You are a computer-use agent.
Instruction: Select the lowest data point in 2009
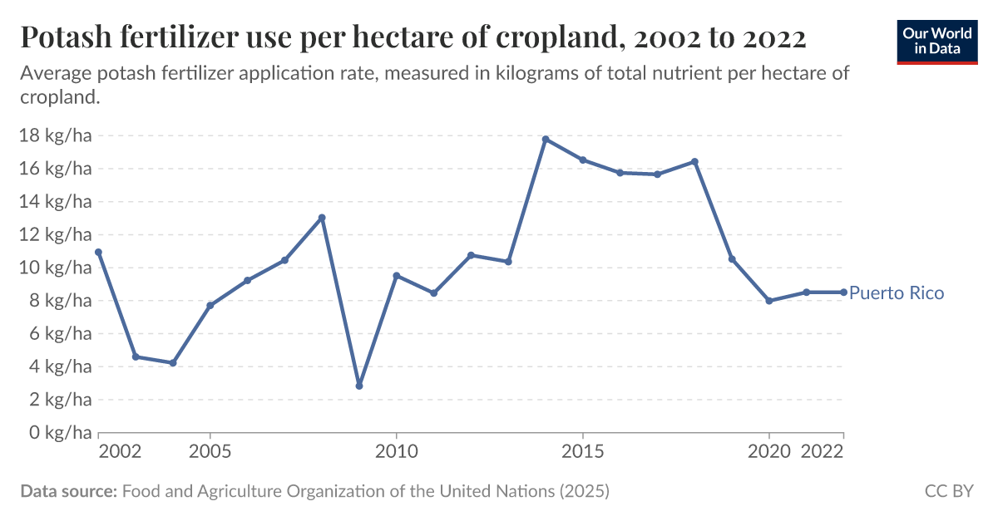click(359, 386)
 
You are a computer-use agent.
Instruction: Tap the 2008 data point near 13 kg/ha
click(322, 218)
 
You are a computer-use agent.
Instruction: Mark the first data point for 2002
click(99, 252)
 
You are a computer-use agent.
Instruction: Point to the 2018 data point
click(694, 161)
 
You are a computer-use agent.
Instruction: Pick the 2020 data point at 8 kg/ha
click(769, 301)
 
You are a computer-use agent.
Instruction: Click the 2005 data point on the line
click(210, 306)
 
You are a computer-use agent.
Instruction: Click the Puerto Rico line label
click(897, 293)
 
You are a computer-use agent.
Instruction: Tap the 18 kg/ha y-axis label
click(55, 135)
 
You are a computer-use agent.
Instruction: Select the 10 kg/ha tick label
click(55, 268)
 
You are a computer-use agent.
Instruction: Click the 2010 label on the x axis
click(396, 451)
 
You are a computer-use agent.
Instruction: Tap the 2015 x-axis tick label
click(582, 451)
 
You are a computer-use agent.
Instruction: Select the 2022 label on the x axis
click(823, 451)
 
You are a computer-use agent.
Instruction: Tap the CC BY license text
click(949, 491)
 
